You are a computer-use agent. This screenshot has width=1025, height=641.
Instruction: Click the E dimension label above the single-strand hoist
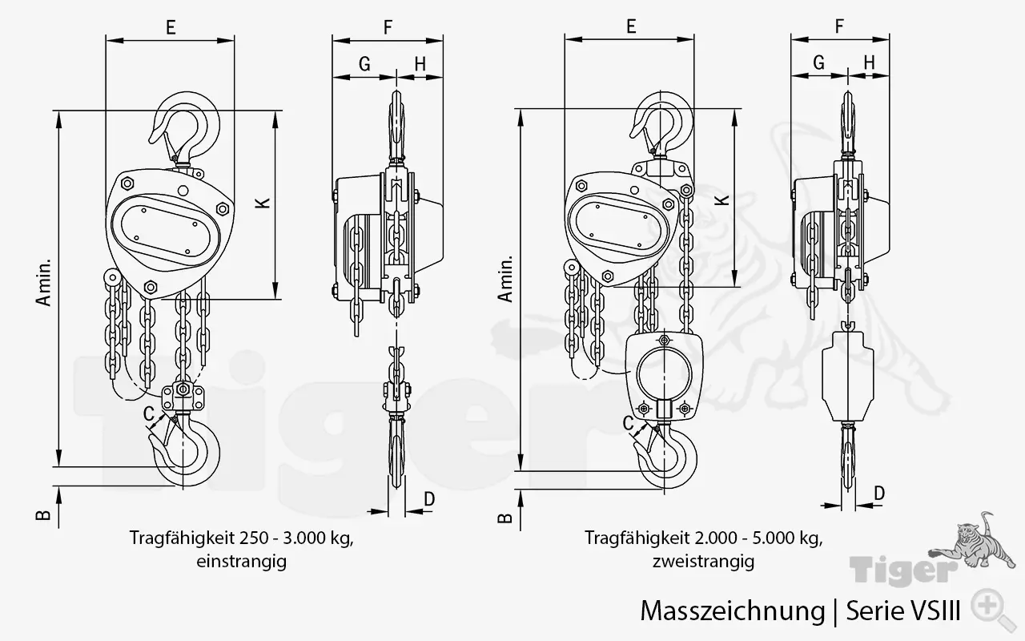(171, 27)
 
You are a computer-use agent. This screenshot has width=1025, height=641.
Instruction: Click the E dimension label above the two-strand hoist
(631, 27)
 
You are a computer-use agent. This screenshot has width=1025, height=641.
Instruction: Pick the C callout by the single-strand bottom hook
(149, 413)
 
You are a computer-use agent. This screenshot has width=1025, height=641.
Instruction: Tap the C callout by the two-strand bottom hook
(629, 420)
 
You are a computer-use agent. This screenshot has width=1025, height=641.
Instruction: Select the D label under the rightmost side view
(878, 494)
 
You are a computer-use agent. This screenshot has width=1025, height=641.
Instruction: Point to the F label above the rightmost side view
(839, 26)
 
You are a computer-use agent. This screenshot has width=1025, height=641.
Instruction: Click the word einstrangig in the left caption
(241, 562)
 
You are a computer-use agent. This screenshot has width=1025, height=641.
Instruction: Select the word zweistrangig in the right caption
(703, 562)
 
